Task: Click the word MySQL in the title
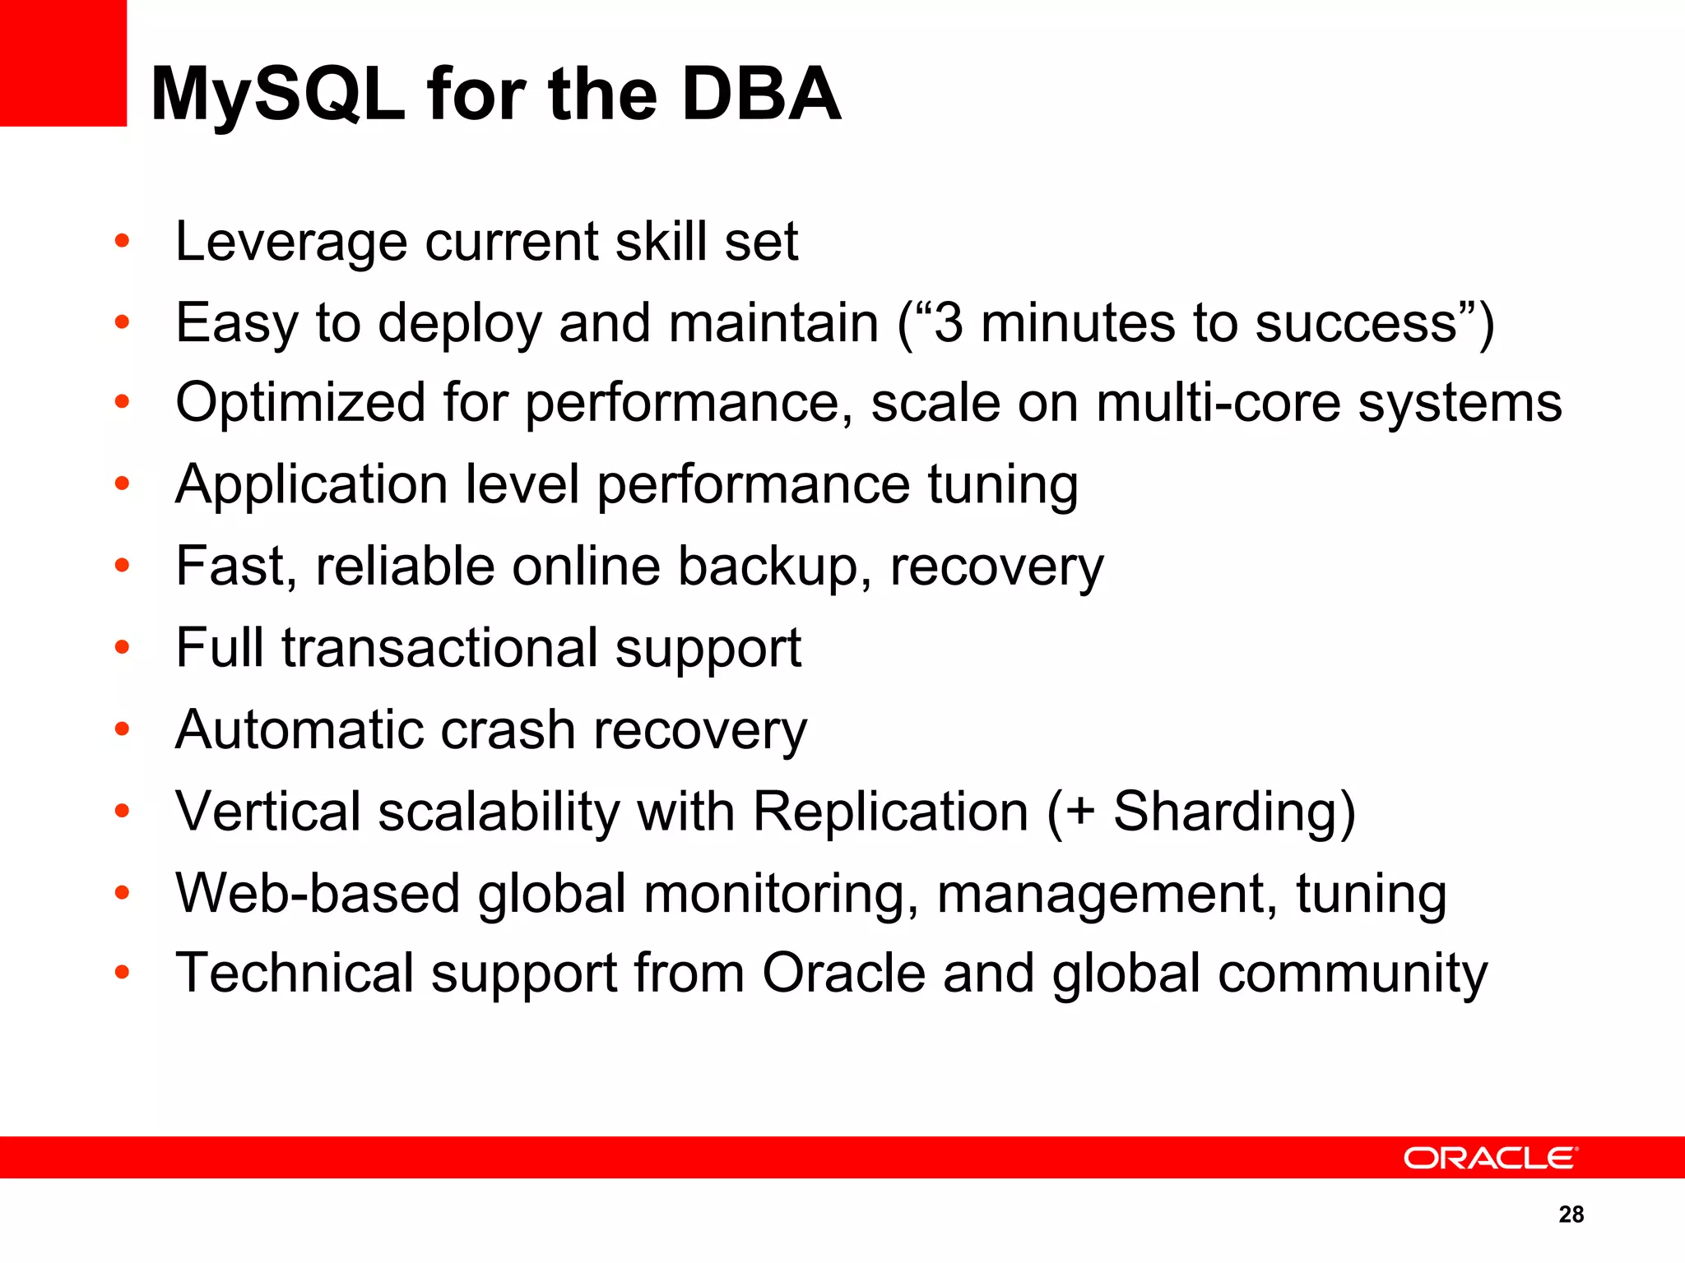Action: pos(278,95)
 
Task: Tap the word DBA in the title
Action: pos(761,95)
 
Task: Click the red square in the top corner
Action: pos(63,62)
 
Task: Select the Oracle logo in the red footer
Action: pos(1490,1158)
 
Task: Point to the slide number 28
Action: pos(1571,1214)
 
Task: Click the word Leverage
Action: pos(291,243)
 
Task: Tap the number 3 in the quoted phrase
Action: pos(949,322)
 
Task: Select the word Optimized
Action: pos(300,403)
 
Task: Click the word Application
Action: pos(312,485)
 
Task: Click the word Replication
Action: pos(890,812)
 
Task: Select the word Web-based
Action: pos(317,894)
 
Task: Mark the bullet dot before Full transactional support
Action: pos(123,648)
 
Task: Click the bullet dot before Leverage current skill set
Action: pos(123,242)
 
